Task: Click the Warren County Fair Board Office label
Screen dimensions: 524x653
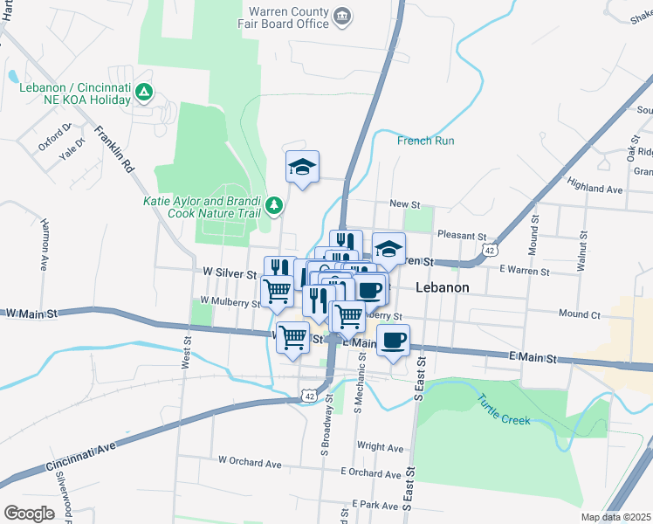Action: click(288, 17)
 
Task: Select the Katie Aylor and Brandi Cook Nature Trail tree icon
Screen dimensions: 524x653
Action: click(275, 204)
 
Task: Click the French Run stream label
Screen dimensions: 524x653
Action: click(425, 141)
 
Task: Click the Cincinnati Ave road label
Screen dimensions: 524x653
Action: click(83, 449)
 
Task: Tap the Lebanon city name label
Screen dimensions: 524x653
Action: click(443, 287)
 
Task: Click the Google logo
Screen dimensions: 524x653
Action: click(29, 513)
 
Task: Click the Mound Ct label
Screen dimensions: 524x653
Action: click(580, 314)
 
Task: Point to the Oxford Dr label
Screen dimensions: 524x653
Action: click(54, 139)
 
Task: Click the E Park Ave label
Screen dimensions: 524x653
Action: click(375, 506)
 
